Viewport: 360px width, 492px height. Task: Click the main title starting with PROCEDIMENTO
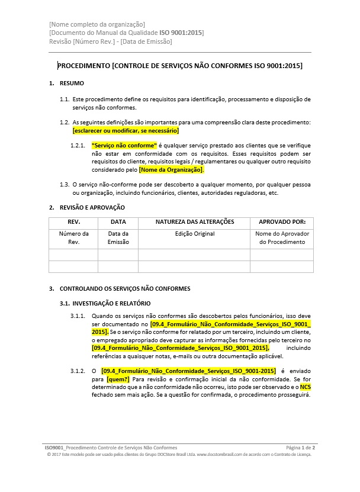point(180,66)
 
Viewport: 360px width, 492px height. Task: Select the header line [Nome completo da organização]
point(97,24)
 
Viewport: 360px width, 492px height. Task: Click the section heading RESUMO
point(72,83)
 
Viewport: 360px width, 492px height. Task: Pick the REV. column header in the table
point(73,223)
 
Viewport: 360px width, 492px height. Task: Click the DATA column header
point(118,223)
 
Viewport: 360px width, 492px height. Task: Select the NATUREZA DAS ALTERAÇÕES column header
point(195,223)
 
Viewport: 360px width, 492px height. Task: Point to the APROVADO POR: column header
point(282,223)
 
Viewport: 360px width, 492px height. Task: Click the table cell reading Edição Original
point(195,234)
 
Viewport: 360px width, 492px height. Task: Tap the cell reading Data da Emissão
point(118,238)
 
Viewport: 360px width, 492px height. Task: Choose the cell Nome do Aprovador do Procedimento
point(282,238)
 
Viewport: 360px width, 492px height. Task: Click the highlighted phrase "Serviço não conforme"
point(124,145)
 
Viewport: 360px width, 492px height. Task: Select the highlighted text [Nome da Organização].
point(171,170)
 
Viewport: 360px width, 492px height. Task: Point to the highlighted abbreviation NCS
point(305,387)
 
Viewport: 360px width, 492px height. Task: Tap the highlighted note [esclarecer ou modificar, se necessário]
point(126,130)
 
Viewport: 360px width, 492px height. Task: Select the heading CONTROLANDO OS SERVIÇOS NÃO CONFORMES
point(125,289)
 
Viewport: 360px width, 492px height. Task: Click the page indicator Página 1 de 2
point(300,448)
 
